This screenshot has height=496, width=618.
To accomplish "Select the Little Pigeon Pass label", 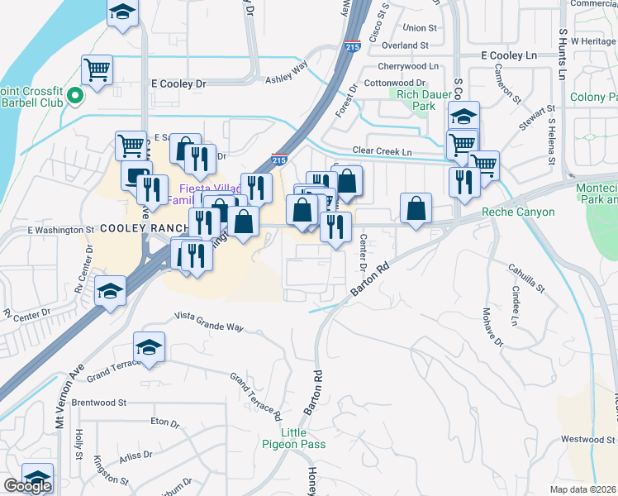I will pos(302,438).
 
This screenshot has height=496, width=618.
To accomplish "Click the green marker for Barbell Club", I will pos(75,97).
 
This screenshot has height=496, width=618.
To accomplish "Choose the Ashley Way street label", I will pos(286,71).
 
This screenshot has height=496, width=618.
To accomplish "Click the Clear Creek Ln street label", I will pos(382,152).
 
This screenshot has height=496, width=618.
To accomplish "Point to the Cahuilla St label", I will pos(526,277).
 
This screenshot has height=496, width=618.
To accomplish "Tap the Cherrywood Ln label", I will pos(407,65).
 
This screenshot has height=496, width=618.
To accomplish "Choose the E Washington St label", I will pos(61,229).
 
